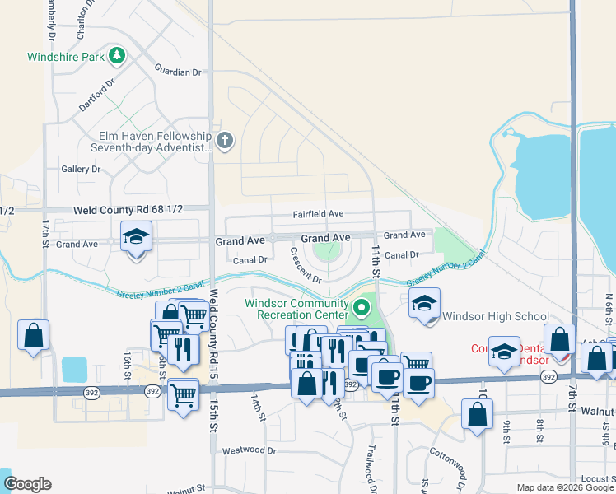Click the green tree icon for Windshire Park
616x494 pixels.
[x=118, y=56]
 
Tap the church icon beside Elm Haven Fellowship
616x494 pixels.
[x=226, y=141]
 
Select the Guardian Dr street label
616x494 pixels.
[x=179, y=72]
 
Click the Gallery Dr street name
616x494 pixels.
[x=81, y=169]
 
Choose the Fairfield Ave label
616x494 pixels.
[x=318, y=213]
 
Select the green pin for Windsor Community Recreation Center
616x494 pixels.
[x=361, y=309]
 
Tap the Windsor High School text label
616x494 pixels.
[x=495, y=316]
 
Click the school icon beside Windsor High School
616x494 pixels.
[x=425, y=304]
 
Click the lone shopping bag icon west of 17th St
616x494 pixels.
[x=33, y=335]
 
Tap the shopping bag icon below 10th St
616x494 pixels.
[x=478, y=413]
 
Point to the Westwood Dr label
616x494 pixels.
[x=249, y=450]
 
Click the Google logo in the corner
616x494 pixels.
[x=27, y=484]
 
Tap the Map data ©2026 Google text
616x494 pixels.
[x=565, y=487]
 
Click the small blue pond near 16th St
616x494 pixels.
[x=74, y=369]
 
